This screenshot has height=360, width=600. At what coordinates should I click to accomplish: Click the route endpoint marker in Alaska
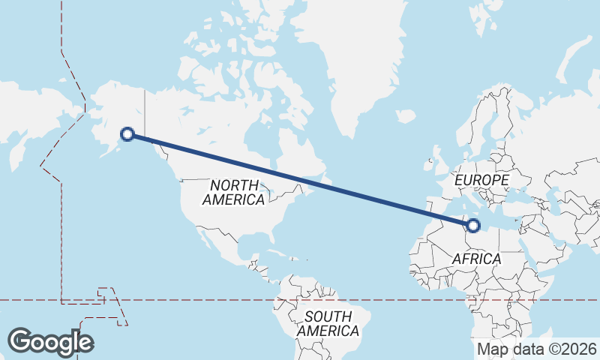pos(127,134)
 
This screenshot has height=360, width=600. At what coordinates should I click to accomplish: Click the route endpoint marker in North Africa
pos(473,224)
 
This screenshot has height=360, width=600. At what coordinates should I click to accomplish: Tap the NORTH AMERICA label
pos(235,193)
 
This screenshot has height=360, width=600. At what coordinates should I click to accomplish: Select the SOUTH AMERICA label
pos(328,323)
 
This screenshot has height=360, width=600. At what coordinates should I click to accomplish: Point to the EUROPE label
pos(482,181)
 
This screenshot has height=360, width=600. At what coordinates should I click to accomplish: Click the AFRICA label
pos(476,259)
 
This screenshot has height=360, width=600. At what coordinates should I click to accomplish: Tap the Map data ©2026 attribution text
pos(536,349)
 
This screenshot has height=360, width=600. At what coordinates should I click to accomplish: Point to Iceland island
pos(406,117)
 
